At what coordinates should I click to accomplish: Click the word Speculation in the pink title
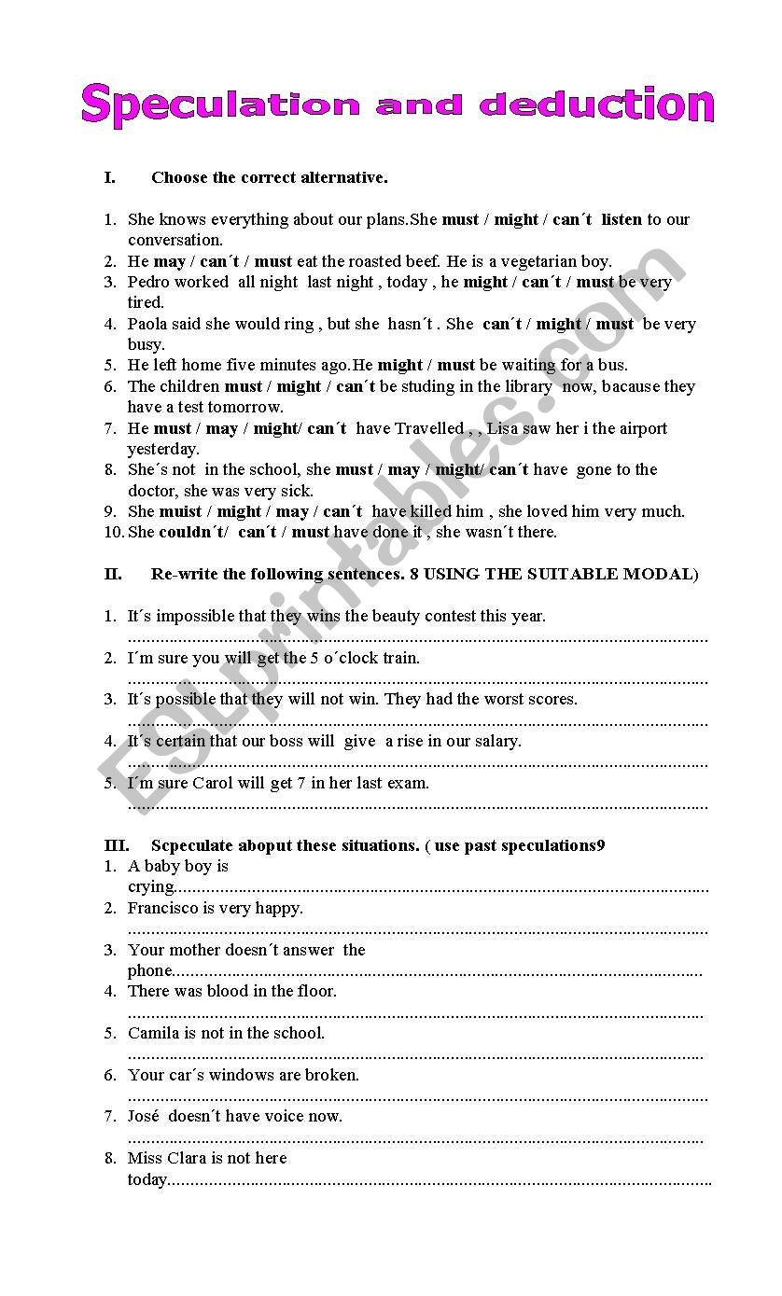[220, 105]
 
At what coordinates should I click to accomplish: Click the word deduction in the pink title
[597, 105]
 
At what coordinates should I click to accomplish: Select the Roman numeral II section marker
[113, 574]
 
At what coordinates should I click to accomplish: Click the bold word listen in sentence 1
[621, 220]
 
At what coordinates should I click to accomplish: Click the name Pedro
[150, 282]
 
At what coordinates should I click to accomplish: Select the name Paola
[149, 324]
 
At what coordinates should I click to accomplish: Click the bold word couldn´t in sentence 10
[193, 532]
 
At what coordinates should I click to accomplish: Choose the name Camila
[154, 1033]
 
